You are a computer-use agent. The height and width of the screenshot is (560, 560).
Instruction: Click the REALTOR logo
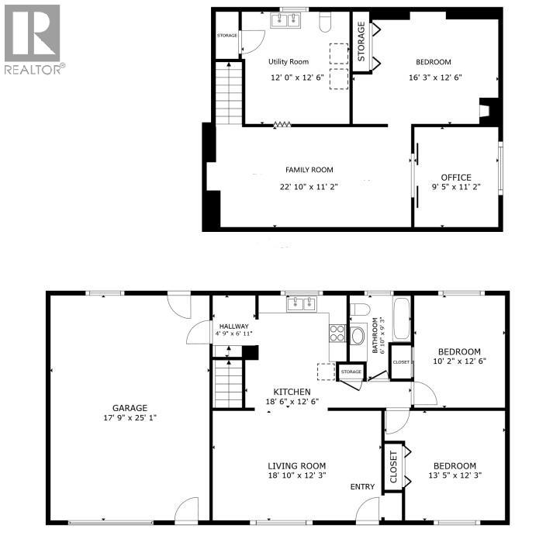[x=33, y=39]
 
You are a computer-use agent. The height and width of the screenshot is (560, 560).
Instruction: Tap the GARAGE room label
[x=129, y=408]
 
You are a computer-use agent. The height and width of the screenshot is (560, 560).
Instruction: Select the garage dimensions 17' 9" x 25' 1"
[x=129, y=419]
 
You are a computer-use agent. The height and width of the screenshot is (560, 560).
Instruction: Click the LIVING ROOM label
[x=297, y=465]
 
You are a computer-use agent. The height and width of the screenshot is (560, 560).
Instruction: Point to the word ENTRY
[x=361, y=487]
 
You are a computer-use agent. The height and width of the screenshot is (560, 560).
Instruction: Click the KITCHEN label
[x=292, y=392]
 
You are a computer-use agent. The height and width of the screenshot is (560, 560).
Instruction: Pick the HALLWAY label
[x=233, y=327]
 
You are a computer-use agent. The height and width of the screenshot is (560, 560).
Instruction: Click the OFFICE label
[x=456, y=178]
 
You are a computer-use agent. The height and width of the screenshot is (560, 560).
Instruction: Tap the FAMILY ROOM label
[x=309, y=170]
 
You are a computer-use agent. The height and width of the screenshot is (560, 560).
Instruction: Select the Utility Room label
[x=288, y=61]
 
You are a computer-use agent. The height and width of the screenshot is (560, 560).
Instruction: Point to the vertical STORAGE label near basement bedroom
[x=361, y=43]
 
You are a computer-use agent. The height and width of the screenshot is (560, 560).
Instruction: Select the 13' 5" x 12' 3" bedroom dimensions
[x=456, y=475]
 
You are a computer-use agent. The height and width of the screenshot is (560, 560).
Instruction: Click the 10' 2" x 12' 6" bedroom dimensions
[x=459, y=361]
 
